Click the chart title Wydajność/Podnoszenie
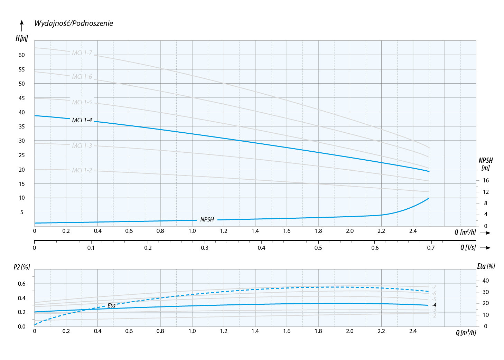point(74,23)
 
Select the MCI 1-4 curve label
point(82,120)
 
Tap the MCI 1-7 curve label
point(82,53)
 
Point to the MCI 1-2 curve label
point(82,170)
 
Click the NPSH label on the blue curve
point(207,220)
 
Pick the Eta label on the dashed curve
point(111,306)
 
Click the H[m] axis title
point(22,38)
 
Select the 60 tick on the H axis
point(22,55)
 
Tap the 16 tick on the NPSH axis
point(486,180)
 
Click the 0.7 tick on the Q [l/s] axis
point(431,248)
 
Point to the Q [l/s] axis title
point(468,247)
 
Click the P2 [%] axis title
point(22,267)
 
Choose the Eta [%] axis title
point(486,266)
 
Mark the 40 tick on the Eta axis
point(486,281)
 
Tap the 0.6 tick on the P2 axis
point(22,284)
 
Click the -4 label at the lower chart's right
point(434,305)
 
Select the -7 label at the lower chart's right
point(434,287)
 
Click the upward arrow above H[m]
point(22,26)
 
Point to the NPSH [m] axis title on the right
point(486,164)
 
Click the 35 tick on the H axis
point(22,126)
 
